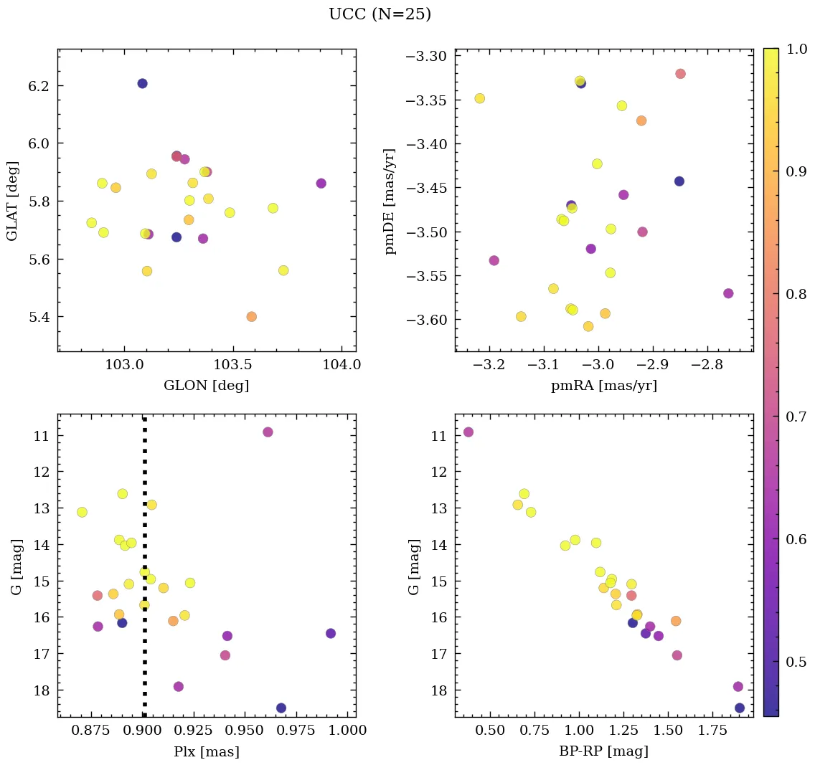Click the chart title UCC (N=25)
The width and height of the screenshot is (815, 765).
pyautogui.click(x=380, y=14)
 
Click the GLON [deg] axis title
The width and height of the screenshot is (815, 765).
pyautogui.click(x=207, y=386)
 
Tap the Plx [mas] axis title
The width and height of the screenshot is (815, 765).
pyautogui.click(x=207, y=751)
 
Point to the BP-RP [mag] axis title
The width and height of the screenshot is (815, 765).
pyautogui.click(x=603, y=751)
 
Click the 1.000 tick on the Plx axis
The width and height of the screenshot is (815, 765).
pyautogui.click(x=348, y=731)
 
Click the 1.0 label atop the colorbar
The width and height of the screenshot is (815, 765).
pyautogui.click(x=797, y=49)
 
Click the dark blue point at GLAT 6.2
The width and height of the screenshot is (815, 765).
pyautogui.click(x=142, y=84)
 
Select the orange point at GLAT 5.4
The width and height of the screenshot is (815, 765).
pyautogui.click(x=251, y=316)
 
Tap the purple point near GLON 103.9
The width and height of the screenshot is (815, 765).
pyautogui.click(x=321, y=184)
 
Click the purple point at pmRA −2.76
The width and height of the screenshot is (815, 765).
pyautogui.click(x=728, y=293)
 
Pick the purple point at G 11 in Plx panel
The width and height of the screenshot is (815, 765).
pyautogui.click(x=268, y=432)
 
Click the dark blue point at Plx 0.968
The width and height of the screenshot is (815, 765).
pyautogui.click(x=281, y=708)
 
